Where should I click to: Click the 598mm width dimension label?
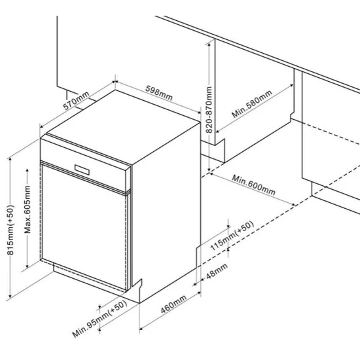pos(159,93)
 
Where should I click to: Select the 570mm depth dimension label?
pos(76,101)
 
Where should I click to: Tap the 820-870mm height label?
pos(209,110)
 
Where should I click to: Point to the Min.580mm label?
pos(252,104)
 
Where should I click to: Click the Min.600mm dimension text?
pos(254,185)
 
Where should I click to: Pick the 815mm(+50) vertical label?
pos(10,230)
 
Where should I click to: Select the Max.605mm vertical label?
pos(27,209)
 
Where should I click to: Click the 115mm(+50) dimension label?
pos(232,236)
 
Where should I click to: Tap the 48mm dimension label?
pos(217,271)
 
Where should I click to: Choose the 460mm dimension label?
pos(173,304)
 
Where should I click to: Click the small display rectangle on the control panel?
pos(82,170)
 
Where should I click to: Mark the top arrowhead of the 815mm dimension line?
pos(10,160)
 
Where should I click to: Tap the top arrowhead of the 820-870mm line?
pos(209,45)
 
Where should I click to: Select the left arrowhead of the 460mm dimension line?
pos(141,329)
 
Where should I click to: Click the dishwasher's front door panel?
pos(84,227)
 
